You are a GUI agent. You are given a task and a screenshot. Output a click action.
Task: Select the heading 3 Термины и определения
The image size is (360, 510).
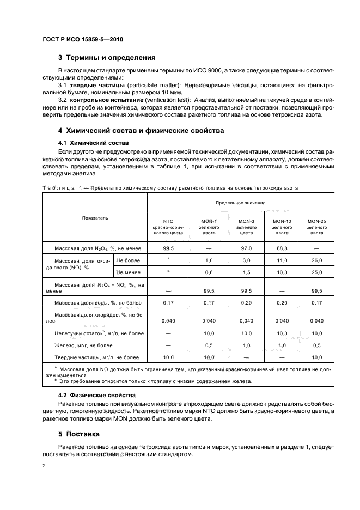[x=107, y=57]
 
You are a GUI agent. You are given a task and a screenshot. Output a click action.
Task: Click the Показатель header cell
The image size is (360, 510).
[x=95, y=218]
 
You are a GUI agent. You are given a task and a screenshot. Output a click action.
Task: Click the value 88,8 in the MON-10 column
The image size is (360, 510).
[x=282, y=248]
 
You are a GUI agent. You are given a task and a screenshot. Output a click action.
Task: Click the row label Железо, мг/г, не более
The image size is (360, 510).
[x=83, y=345]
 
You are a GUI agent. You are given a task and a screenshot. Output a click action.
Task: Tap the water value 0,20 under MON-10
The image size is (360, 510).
[x=282, y=302]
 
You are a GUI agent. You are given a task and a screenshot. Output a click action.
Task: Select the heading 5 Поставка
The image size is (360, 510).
[x=79, y=434]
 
